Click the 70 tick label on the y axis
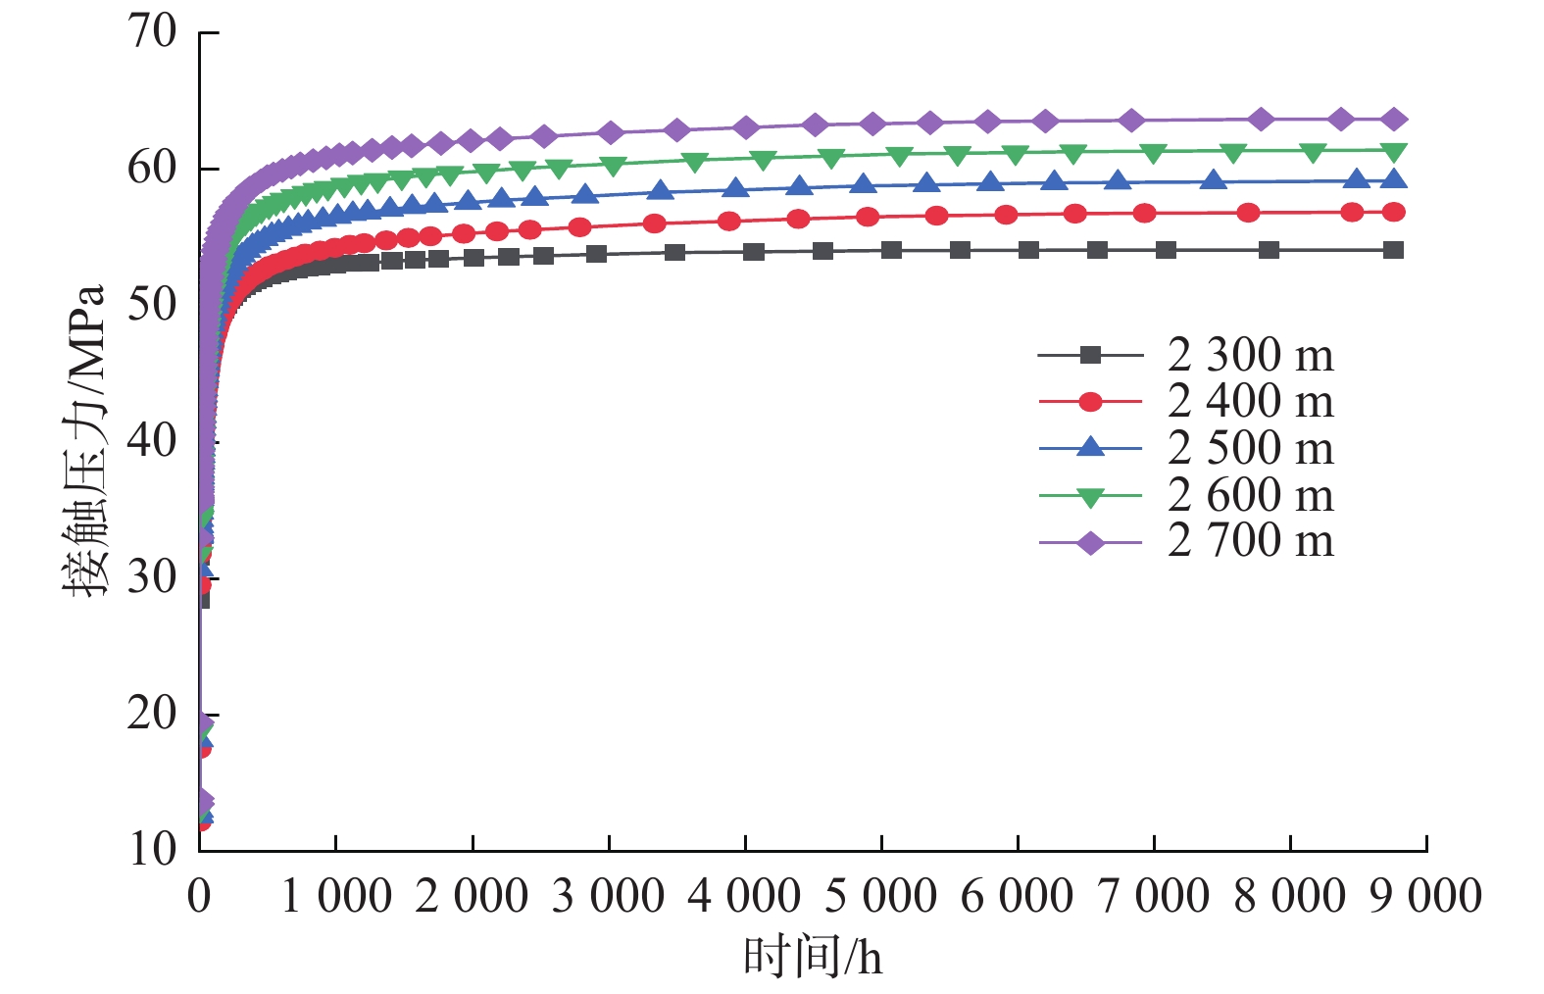tap(153, 31)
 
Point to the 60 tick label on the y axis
tap(153, 168)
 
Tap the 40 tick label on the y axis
tap(153, 440)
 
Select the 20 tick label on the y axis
tap(153, 714)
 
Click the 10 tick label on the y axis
tap(153, 848)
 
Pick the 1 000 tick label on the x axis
tap(336, 896)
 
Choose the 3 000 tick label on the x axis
tap(609, 896)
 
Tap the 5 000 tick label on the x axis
tap(881, 896)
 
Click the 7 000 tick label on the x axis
tap(1154, 896)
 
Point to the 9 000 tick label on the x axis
tap(1425, 896)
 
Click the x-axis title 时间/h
tap(813, 957)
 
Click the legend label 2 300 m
tap(1251, 355)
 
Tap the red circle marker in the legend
tap(1090, 402)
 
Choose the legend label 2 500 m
tap(1251, 448)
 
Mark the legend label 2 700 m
tap(1251, 541)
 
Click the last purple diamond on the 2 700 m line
tap(1393, 120)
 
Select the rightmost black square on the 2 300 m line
tap(1393, 250)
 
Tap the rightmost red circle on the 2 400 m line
tap(1393, 212)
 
